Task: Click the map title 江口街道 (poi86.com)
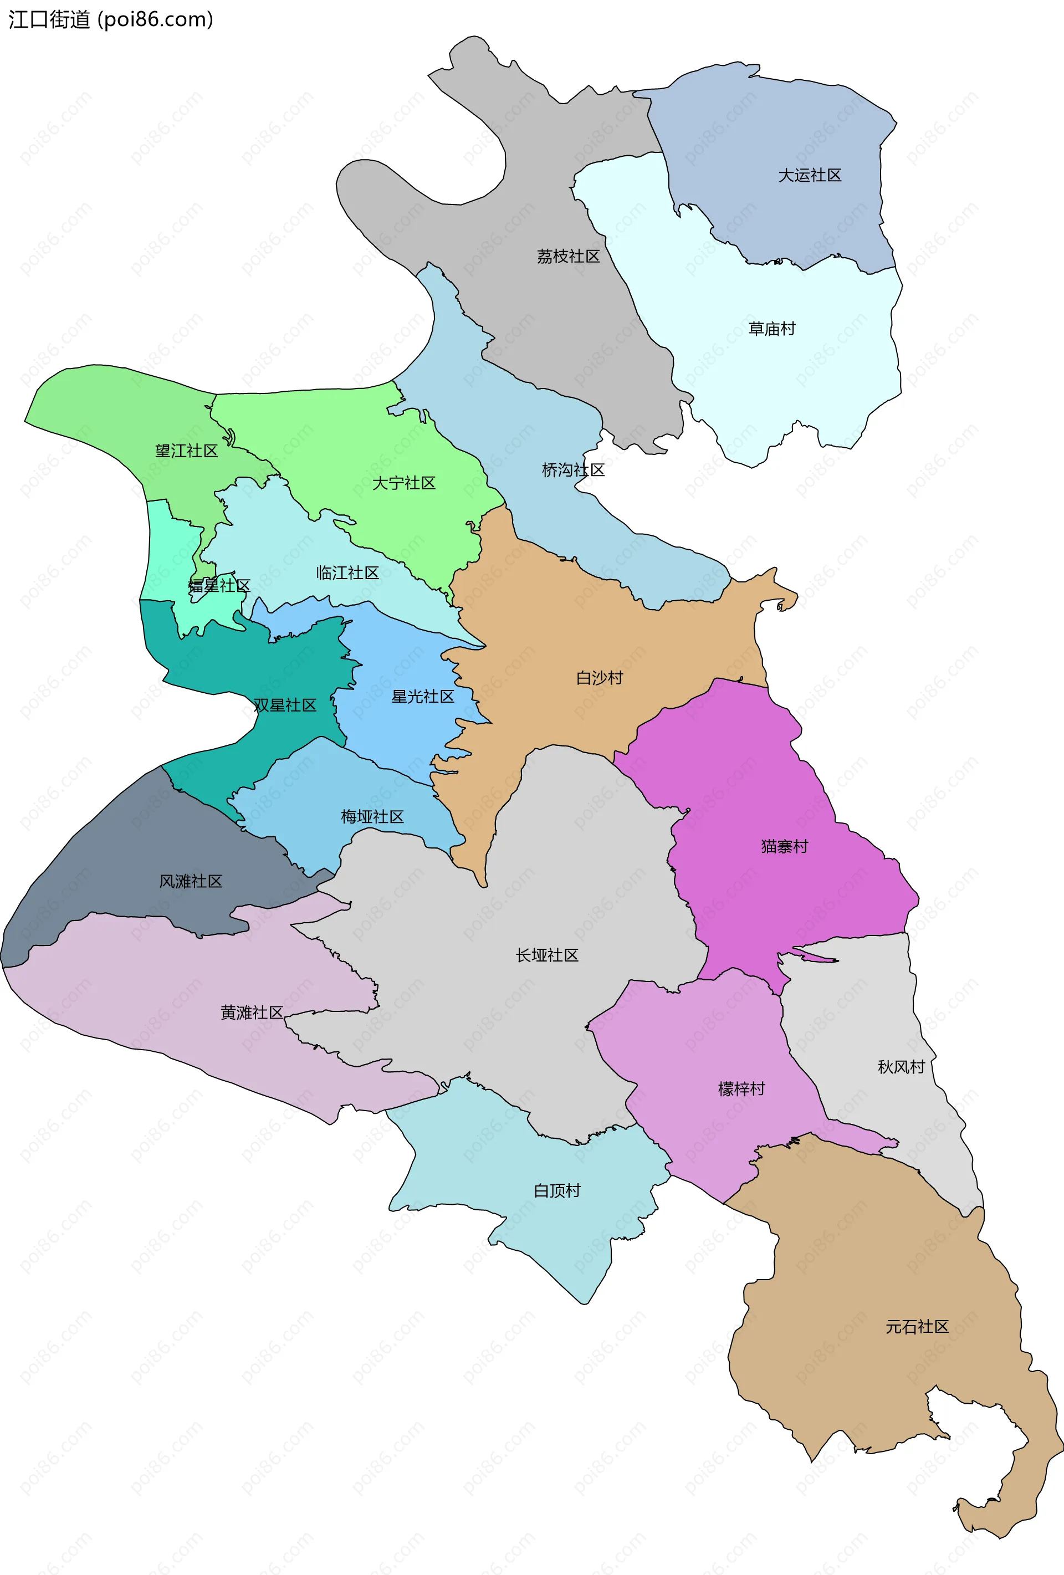(x=110, y=19)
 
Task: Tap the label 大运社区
(x=809, y=176)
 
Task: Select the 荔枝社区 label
(x=568, y=256)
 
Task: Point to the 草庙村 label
(x=771, y=329)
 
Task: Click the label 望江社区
(x=186, y=451)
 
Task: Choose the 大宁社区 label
(x=403, y=483)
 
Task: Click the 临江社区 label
(x=347, y=572)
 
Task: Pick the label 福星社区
(x=219, y=586)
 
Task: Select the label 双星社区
(x=285, y=705)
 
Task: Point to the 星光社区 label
(x=422, y=696)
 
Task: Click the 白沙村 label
(x=599, y=678)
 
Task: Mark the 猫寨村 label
(x=784, y=846)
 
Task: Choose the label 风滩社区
(x=191, y=881)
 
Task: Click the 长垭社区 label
(x=547, y=955)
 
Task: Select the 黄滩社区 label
(x=252, y=1013)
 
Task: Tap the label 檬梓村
(x=741, y=1089)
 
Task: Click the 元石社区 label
(x=917, y=1327)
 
